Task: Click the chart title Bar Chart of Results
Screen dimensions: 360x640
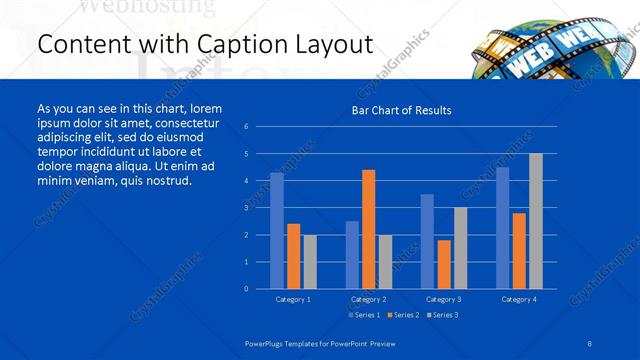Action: pyautogui.click(x=400, y=110)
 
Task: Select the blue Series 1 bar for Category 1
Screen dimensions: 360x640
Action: pyautogui.click(x=277, y=230)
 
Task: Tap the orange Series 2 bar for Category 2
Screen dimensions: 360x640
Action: pyautogui.click(x=368, y=229)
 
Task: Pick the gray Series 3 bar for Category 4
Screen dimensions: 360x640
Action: pyautogui.click(x=536, y=221)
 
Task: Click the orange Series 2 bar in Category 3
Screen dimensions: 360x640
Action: pyautogui.click(x=444, y=264)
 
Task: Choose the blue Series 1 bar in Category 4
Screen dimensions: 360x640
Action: pyautogui.click(x=502, y=228)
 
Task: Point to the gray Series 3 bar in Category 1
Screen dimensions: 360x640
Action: pyautogui.click(x=310, y=261)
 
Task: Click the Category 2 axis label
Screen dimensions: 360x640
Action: pyautogui.click(x=368, y=299)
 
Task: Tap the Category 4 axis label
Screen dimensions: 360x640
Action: pyautogui.click(x=519, y=299)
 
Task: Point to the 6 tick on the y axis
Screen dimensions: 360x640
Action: pyautogui.click(x=246, y=127)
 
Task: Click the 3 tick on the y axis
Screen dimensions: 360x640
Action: pyautogui.click(x=246, y=208)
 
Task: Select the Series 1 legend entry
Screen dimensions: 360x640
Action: pyautogui.click(x=363, y=315)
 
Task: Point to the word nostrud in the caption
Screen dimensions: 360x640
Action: pyautogui.click(x=163, y=181)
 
